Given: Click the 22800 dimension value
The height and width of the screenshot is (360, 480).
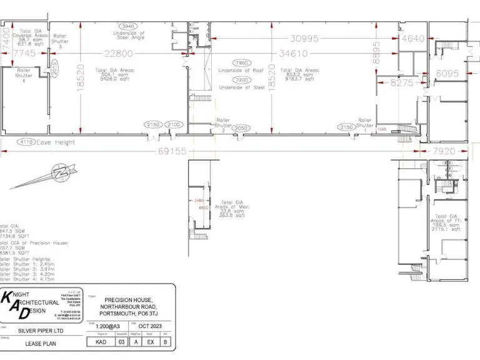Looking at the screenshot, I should click(118, 54).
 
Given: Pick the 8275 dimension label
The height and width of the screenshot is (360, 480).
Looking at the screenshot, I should click(402, 82).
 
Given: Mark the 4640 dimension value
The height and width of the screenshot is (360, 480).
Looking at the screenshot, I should click(413, 39).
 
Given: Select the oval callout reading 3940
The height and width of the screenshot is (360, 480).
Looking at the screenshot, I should click(128, 26).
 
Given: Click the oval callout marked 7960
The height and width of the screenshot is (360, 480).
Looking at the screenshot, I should click(241, 63).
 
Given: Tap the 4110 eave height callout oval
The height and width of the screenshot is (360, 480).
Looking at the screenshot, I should click(27, 141).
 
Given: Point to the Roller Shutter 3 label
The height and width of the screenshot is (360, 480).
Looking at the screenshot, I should click(60, 41).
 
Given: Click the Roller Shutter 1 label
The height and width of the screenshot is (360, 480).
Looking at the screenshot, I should click(365, 122).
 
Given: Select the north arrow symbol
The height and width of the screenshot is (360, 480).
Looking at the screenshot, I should click(46, 176).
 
